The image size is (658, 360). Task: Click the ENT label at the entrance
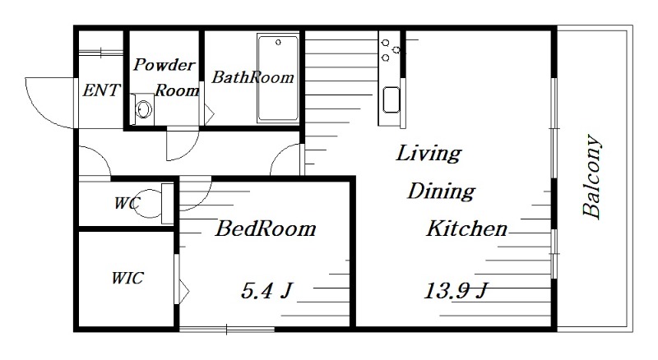click(101, 90)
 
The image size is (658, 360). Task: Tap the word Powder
click(164, 65)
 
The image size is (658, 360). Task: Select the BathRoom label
click(253, 77)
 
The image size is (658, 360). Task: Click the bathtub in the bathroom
click(278, 78)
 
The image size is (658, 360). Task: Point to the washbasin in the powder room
click(143, 109)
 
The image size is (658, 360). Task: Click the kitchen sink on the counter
click(392, 99)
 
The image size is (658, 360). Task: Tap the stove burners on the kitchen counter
click(390, 50)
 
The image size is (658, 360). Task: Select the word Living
click(429, 154)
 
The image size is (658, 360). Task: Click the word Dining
click(442, 192)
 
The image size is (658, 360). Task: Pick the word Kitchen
click(467, 228)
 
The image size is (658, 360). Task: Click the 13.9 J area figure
click(456, 291)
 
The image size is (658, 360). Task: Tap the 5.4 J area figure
click(266, 290)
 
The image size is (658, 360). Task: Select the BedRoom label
click(266, 228)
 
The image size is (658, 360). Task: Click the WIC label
click(127, 278)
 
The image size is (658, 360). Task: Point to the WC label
click(127, 204)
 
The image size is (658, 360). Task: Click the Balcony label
click(591, 176)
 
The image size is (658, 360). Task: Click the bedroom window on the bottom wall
click(227, 330)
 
